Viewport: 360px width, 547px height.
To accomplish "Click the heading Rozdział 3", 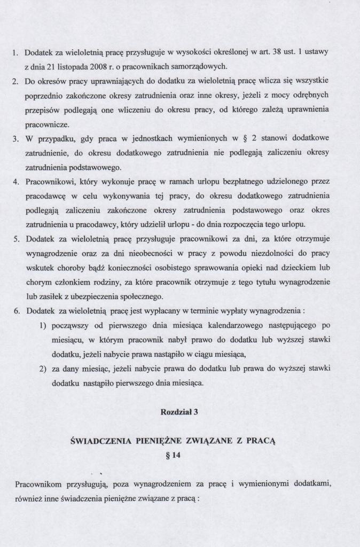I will pos(179,411).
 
